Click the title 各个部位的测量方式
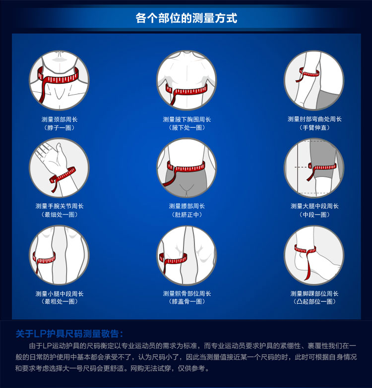click(186, 18)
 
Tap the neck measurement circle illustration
click(59, 80)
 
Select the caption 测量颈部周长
click(60, 119)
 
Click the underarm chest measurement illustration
click(186, 80)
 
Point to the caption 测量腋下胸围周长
click(186, 119)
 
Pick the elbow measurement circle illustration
click(314, 80)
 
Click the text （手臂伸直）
click(314, 128)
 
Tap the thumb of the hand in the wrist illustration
click(60, 152)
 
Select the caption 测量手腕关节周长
click(60, 206)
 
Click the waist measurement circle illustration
click(186, 168)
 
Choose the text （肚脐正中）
click(186, 215)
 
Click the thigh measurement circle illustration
click(314, 168)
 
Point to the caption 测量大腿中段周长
click(314, 206)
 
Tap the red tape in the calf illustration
click(44, 260)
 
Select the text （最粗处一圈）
click(60, 302)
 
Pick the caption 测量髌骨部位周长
click(186, 294)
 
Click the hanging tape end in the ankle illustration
click(309, 267)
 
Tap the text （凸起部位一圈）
click(314, 302)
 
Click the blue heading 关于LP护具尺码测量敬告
click(69, 334)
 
